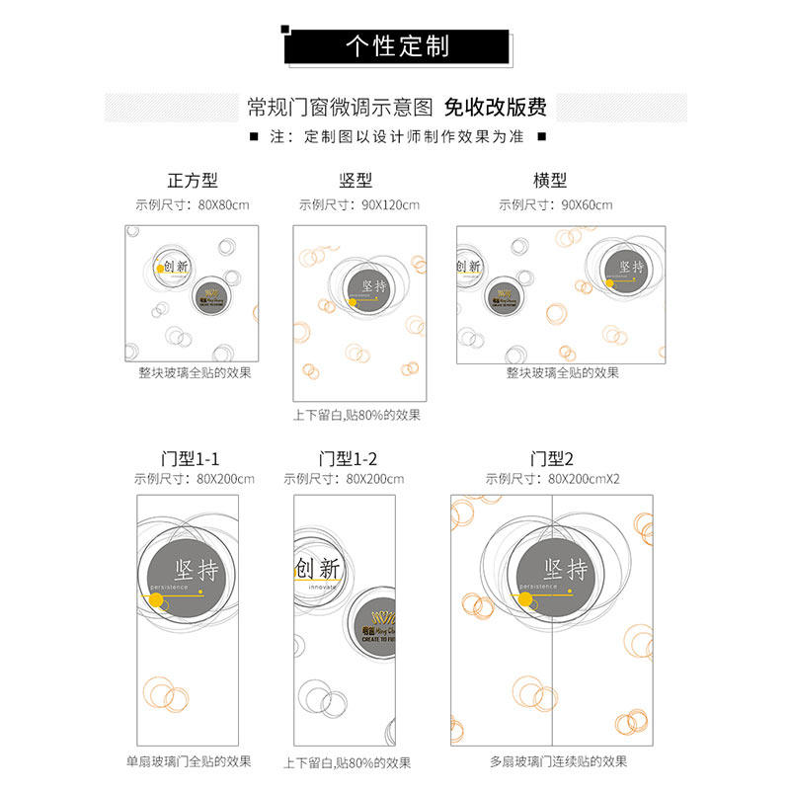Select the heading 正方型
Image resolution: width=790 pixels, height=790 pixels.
[193, 181]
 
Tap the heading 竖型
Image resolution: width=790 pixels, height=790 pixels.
[356, 181]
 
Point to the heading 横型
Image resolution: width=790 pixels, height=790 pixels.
[550, 181]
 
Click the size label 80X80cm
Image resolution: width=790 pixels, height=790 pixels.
[223, 205]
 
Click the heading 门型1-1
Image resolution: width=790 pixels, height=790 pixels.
[191, 459]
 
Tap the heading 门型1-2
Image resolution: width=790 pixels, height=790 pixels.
[349, 459]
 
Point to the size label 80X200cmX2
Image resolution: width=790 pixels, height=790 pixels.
[585, 480]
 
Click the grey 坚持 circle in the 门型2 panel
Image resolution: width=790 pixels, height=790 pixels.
[567, 572]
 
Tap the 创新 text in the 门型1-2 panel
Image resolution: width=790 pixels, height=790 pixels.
[317, 569]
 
